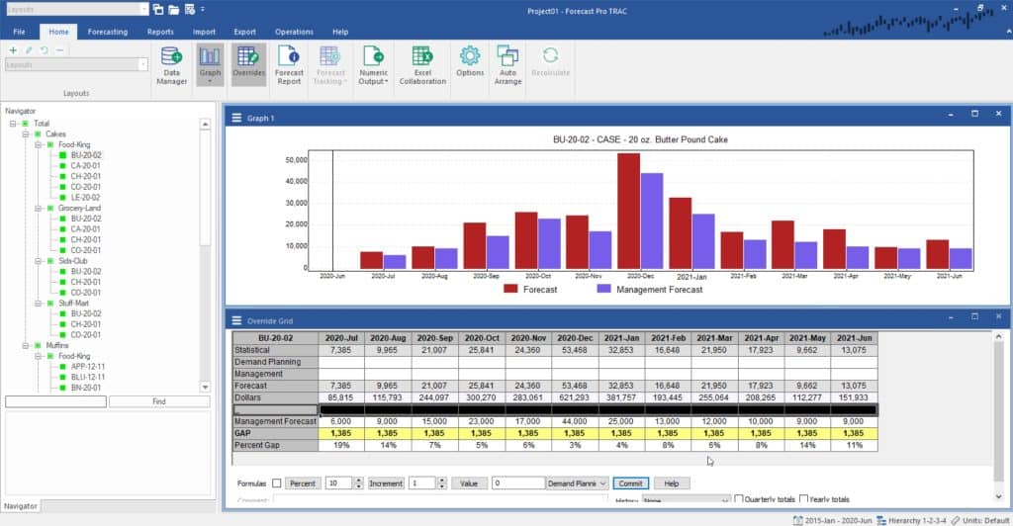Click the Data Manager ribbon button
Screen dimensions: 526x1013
pos(171,64)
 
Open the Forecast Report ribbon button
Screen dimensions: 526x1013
pos(289,64)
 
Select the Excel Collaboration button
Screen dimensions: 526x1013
pos(422,64)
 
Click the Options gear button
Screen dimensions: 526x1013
pos(470,64)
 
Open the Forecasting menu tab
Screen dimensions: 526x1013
pos(107,32)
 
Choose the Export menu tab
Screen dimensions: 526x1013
pos(244,32)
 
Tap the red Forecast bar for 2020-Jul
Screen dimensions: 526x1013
pos(371,260)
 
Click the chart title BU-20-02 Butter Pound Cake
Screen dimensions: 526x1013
pos(640,140)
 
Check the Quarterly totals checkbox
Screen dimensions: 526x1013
pos(740,499)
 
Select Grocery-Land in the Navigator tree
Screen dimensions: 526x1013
pos(79,208)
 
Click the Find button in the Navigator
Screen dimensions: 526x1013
pos(159,401)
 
